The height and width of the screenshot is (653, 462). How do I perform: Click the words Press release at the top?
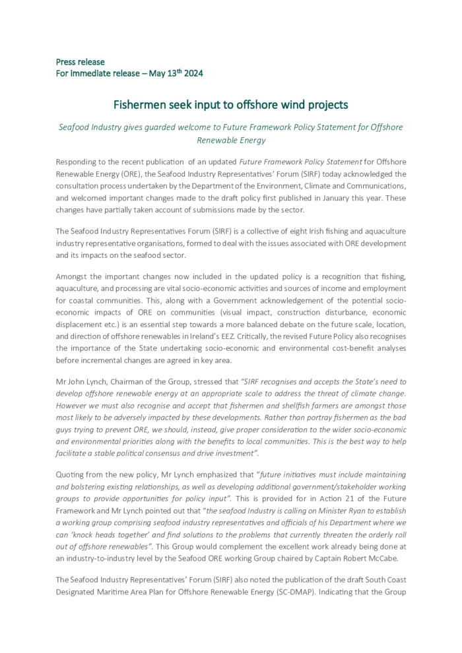click(x=80, y=62)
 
